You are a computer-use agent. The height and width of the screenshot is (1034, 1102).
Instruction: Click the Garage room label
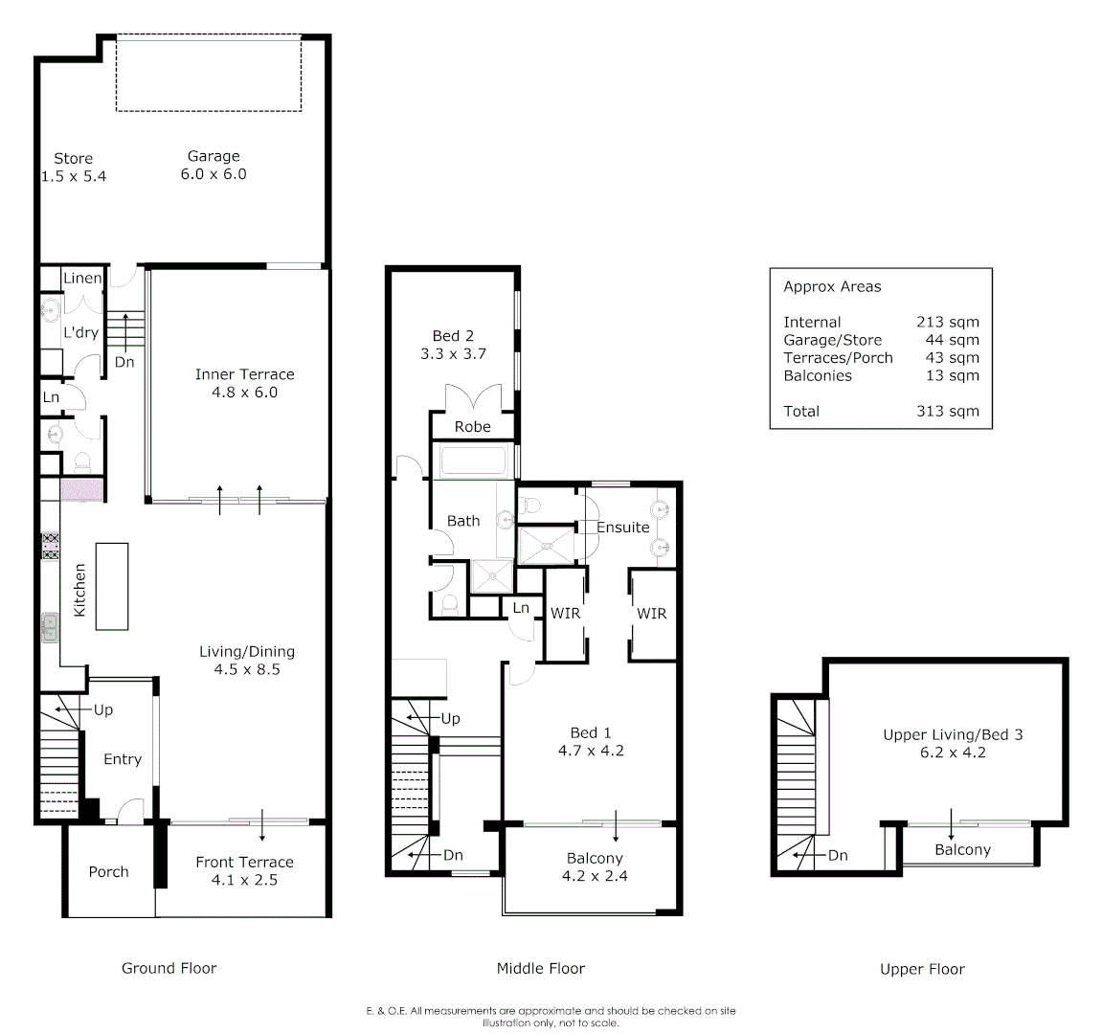click(214, 156)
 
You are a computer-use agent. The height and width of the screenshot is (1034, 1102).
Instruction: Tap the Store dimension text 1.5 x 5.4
click(74, 176)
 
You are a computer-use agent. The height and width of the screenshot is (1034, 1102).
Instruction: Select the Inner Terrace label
click(244, 374)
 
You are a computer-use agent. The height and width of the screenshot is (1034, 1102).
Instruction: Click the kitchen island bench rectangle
click(111, 586)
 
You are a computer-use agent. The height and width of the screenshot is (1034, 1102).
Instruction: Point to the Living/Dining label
click(247, 651)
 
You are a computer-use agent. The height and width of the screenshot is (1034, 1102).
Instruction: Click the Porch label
click(108, 871)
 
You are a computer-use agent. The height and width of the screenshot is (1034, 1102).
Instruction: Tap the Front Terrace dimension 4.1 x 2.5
click(244, 880)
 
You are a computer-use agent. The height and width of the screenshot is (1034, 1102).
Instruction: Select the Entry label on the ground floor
click(123, 759)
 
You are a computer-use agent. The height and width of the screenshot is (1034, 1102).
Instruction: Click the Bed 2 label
click(453, 335)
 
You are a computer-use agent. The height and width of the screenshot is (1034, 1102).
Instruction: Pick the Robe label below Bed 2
click(472, 427)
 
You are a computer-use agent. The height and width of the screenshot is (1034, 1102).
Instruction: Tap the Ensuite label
click(622, 527)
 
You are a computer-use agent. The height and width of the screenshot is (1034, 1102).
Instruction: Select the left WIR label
click(565, 613)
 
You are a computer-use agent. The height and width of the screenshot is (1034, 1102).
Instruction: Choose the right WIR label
click(651, 613)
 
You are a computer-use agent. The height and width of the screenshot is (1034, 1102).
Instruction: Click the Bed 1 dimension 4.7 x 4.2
click(591, 751)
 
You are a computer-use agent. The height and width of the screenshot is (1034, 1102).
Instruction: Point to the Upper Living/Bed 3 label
click(953, 734)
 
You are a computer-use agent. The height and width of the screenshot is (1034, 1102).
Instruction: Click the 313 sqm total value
click(947, 411)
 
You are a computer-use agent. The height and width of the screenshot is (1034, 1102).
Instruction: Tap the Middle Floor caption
click(540, 968)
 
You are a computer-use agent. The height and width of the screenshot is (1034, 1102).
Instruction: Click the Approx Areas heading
click(832, 286)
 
